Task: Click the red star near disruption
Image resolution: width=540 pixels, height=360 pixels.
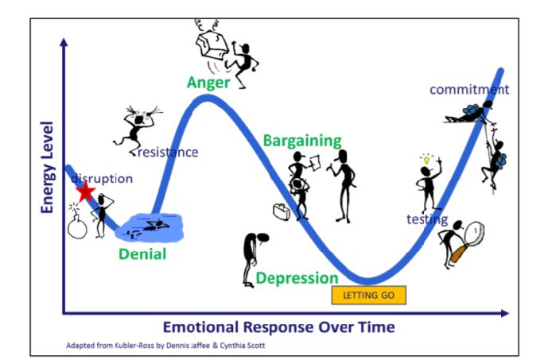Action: (85, 191)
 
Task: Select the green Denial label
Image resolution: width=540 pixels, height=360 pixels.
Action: (142, 254)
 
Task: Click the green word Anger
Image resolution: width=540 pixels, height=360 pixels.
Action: (208, 83)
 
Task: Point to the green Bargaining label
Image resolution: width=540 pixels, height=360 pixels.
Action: (302, 141)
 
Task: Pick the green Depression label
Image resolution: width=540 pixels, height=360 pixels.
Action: (297, 278)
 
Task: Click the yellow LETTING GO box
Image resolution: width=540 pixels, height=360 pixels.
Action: (369, 296)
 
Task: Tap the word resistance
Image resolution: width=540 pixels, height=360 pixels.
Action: (168, 152)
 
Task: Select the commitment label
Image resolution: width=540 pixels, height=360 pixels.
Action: (469, 90)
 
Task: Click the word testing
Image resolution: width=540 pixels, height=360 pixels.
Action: (427, 219)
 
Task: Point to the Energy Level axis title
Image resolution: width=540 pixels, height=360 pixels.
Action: (48, 167)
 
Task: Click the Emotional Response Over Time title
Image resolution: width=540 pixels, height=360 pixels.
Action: (279, 327)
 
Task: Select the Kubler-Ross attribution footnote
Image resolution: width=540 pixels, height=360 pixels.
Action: (165, 345)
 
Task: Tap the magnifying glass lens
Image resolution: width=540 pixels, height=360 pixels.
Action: (474, 233)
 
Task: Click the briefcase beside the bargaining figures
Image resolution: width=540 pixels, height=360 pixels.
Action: (282, 211)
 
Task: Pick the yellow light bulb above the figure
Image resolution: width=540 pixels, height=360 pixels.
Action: (427, 160)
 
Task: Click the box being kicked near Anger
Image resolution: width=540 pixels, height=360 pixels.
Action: (212, 44)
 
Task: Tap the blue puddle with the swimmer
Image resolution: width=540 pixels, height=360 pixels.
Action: (150, 227)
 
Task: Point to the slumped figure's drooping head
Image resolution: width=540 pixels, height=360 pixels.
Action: (262, 238)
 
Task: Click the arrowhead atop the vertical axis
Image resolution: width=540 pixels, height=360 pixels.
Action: (64, 42)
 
